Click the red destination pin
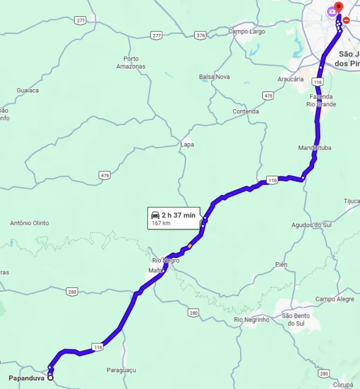pyautogui.click(x=338, y=7)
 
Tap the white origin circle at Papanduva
pyautogui.click(x=50, y=378)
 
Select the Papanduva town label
pyautogui.click(x=26, y=378)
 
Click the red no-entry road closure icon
pyautogui.click(x=346, y=20)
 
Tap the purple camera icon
pyautogui.click(x=331, y=11)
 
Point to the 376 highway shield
pyautogui.click(x=201, y=35)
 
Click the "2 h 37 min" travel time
pyautogui.click(x=178, y=215)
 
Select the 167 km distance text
pyautogui.click(x=160, y=223)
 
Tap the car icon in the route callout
pyautogui.click(x=155, y=215)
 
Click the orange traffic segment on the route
pyautogui.click(x=190, y=246)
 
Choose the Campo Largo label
pyautogui.click(x=246, y=31)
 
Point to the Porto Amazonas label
pyautogui.click(x=131, y=63)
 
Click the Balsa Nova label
pyautogui.click(x=214, y=77)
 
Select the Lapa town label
pyautogui.click(x=187, y=145)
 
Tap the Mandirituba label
pyautogui.click(x=315, y=147)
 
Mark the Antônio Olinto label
pyautogui.click(x=30, y=223)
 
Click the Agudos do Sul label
pyautogui.click(x=311, y=225)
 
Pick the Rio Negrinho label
pyautogui.click(x=252, y=319)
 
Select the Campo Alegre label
pyautogui.click(x=335, y=299)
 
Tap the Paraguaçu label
pyautogui.click(x=121, y=370)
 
